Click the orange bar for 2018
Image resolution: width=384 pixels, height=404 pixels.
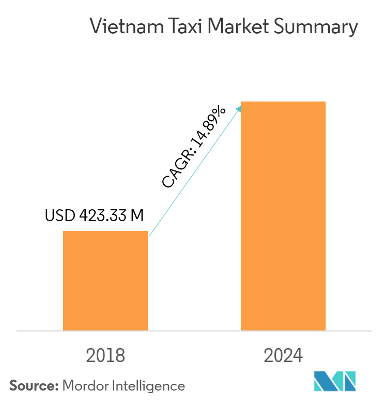tap(105, 280)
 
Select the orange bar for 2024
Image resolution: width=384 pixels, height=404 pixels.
tap(283, 215)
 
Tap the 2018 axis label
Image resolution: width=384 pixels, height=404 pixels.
tap(105, 356)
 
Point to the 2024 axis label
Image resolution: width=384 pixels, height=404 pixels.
tap(283, 356)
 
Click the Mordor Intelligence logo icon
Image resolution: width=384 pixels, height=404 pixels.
tap(335, 381)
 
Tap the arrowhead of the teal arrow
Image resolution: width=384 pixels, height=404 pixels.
tap(240, 107)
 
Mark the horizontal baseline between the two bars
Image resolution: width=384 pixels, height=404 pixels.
tap(194, 330)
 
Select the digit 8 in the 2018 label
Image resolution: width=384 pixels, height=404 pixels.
tap(120, 356)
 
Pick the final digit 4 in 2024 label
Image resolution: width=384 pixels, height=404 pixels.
tap(298, 356)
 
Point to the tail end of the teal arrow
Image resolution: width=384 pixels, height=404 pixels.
tap(149, 236)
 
